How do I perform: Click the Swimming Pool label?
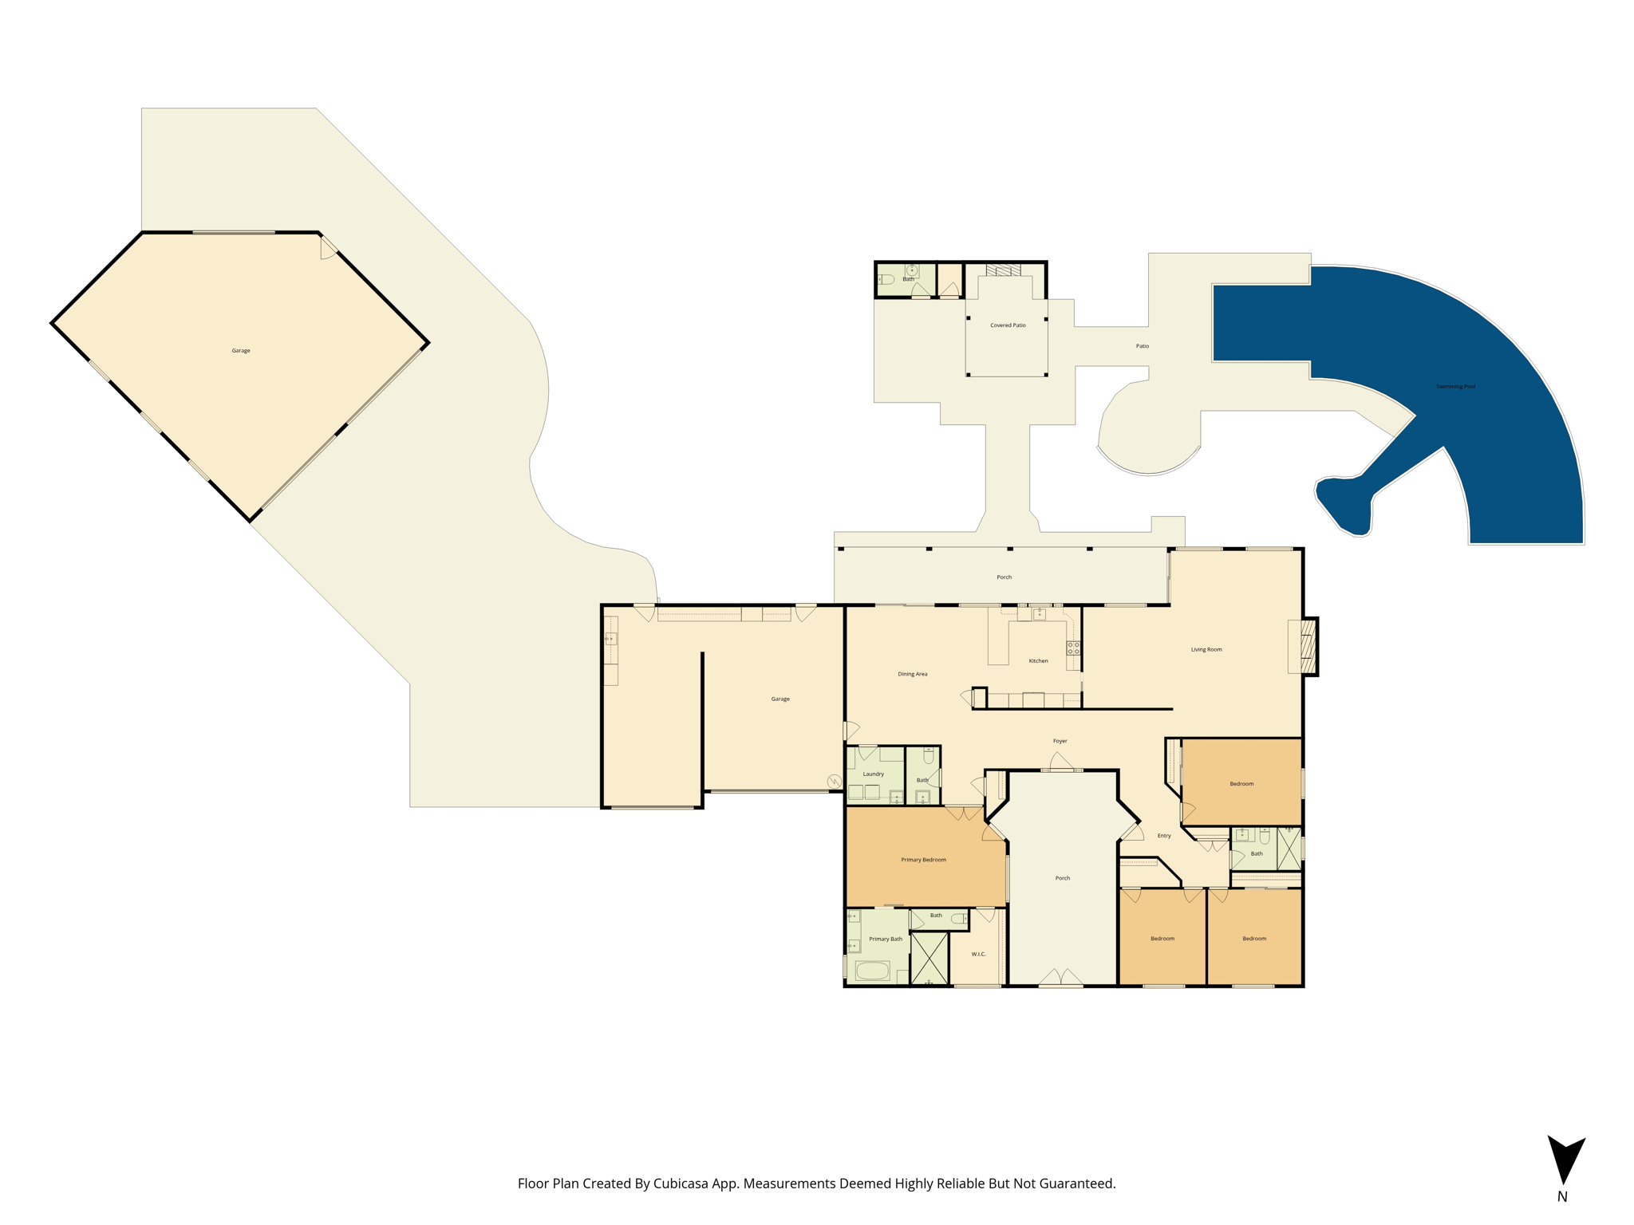(x=1455, y=387)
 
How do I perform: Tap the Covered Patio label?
(x=1008, y=325)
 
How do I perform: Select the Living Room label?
(x=1206, y=649)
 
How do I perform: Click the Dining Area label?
(x=912, y=674)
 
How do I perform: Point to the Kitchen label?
(x=1038, y=660)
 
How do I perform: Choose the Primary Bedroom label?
(x=923, y=860)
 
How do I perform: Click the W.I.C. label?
(x=978, y=954)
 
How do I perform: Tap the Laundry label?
(x=873, y=774)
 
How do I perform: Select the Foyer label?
(x=1060, y=741)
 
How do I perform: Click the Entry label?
(x=1164, y=836)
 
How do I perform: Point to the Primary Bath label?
(x=886, y=939)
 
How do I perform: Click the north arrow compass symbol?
(x=1566, y=1160)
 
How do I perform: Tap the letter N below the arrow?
(x=1562, y=1196)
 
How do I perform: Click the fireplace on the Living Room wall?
(x=1308, y=646)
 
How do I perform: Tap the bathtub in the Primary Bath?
(x=872, y=971)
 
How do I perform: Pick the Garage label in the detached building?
(x=241, y=351)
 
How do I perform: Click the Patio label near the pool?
(x=1143, y=346)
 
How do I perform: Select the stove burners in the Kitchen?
(x=1074, y=648)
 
